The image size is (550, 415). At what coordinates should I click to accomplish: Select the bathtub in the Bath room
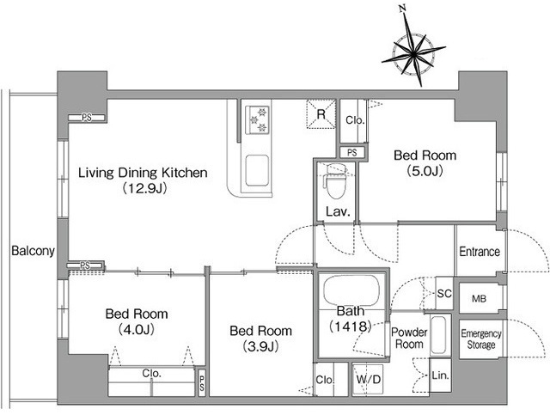(351, 290)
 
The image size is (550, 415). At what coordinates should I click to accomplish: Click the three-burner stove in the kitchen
(258, 120)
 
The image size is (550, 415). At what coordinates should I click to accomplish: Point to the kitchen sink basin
(257, 170)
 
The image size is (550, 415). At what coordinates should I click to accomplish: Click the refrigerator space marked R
(321, 114)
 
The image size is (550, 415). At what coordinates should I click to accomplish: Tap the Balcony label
(33, 251)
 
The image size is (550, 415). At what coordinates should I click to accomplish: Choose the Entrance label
(480, 252)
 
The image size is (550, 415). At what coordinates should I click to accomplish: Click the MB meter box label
(480, 299)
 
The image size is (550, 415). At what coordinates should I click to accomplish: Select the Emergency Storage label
(481, 339)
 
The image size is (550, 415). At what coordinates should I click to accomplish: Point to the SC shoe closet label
(444, 293)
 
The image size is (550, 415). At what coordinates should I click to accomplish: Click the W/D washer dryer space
(368, 379)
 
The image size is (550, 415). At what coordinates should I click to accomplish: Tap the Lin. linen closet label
(441, 375)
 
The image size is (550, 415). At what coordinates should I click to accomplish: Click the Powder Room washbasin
(438, 336)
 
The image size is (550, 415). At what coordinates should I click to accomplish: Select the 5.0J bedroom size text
(425, 171)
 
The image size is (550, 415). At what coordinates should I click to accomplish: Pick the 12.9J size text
(144, 188)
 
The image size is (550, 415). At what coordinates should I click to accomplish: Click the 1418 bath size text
(350, 327)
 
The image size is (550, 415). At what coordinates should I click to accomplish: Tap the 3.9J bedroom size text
(260, 346)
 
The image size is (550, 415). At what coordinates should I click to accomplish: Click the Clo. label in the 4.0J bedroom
(151, 373)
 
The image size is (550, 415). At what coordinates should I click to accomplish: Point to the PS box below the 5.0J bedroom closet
(352, 153)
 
